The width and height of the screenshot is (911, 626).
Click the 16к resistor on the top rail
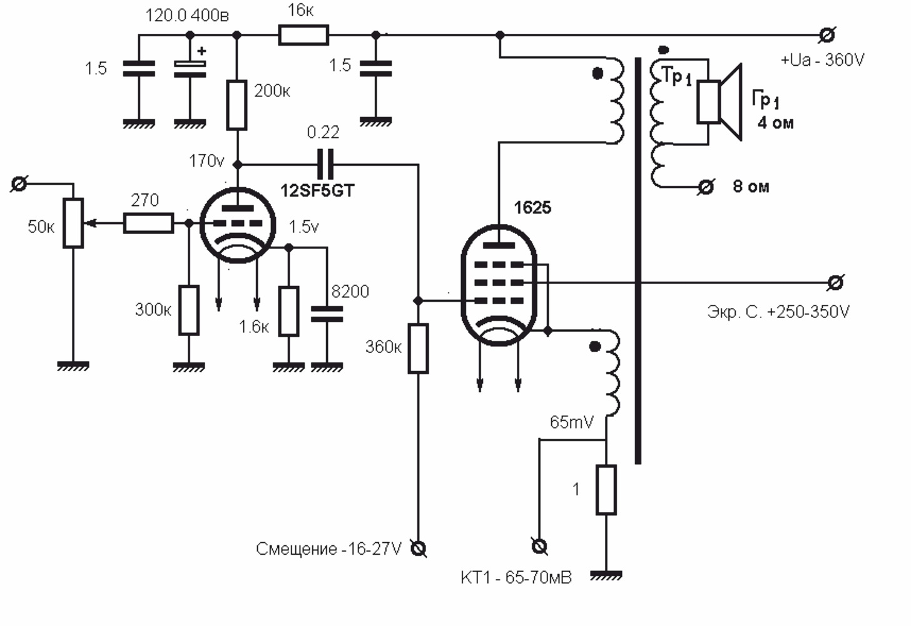303,35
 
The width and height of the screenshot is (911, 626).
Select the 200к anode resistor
237,105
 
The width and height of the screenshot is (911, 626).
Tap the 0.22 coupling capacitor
326,165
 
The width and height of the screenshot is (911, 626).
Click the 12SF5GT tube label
317,190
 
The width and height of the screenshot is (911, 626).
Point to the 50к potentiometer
73,223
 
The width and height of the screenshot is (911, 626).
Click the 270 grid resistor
148,223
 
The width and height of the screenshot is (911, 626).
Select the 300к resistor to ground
189,310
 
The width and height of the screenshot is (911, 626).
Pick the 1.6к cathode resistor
288,311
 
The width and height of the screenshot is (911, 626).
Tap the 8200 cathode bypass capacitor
327,314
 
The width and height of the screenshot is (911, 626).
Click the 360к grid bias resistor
418,349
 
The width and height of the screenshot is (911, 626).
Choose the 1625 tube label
532,208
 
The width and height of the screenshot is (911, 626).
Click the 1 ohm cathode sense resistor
606,490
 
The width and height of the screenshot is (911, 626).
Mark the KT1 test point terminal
539,546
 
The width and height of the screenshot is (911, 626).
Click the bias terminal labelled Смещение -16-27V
419,549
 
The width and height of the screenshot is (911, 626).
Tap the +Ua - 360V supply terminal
827,35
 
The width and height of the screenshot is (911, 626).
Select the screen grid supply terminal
835,283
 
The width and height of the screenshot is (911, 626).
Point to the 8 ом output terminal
706,187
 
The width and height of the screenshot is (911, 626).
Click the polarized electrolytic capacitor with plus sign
190,69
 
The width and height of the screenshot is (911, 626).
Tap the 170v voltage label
206,161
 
